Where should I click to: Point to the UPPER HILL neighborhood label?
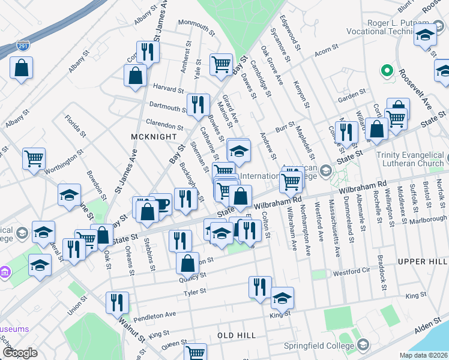coord(423,262)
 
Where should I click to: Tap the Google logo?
coord(20,353)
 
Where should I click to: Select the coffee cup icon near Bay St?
coord(160,203)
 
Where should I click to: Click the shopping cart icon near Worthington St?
coord(34,158)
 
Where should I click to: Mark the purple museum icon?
coord(5,272)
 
